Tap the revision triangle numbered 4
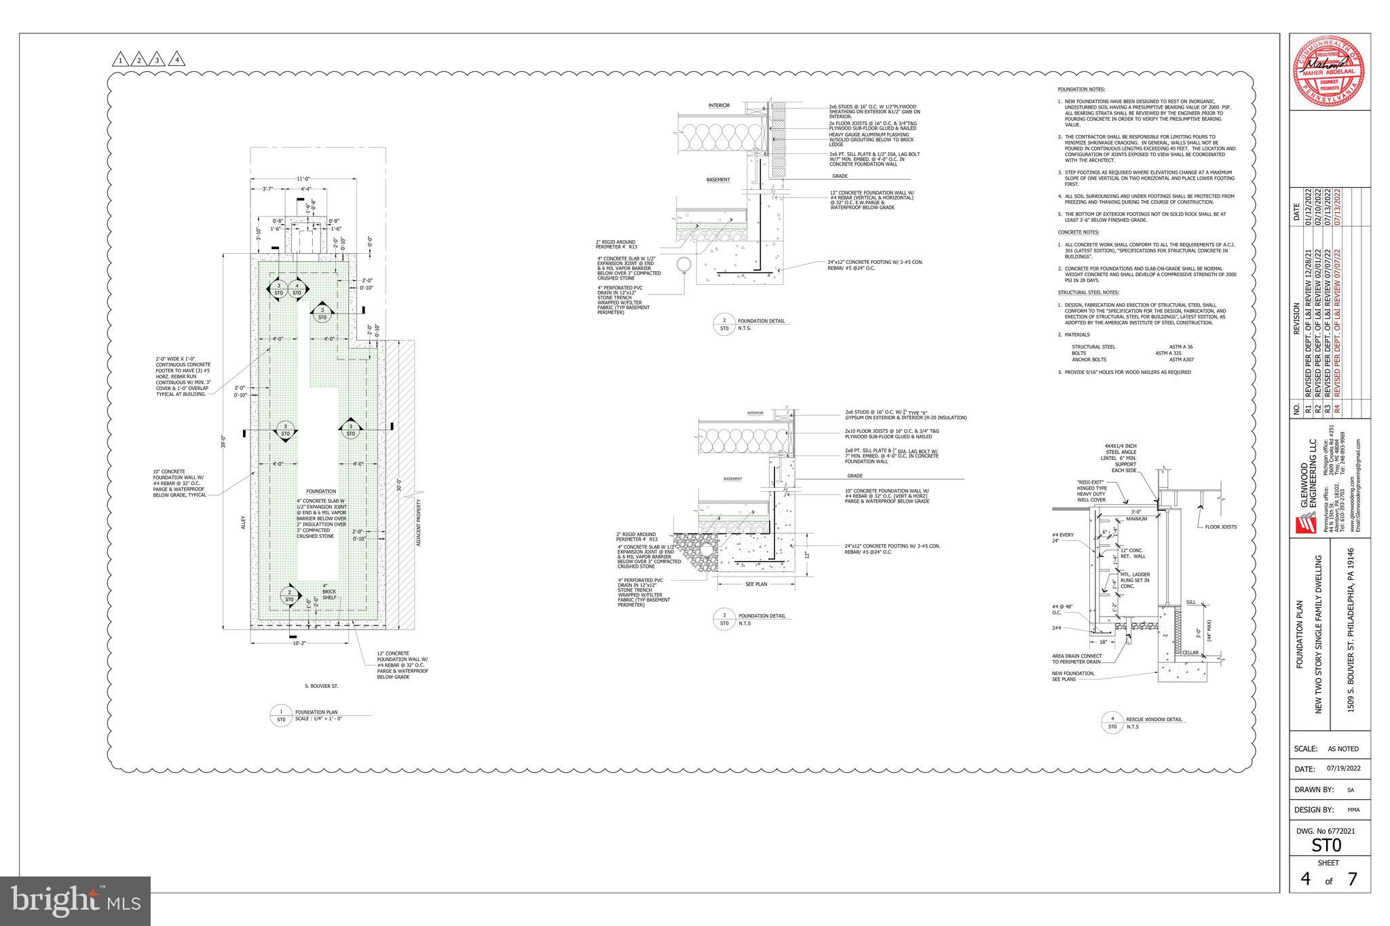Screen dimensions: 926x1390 click(177, 60)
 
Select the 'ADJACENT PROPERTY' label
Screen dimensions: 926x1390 click(419, 523)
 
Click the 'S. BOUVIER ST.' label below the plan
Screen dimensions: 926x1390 click(322, 686)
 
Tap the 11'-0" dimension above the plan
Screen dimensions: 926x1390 click(303, 178)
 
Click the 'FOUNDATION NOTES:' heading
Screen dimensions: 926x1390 click(1081, 90)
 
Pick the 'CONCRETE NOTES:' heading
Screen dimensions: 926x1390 click(1078, 232)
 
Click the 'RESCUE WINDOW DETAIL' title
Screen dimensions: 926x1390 click(1154, 719)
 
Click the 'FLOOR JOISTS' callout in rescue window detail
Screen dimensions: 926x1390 click(1220, 527)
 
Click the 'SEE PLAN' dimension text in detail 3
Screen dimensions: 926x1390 click(755, 584)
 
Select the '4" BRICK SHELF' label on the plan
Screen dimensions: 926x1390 click(329, 592)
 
